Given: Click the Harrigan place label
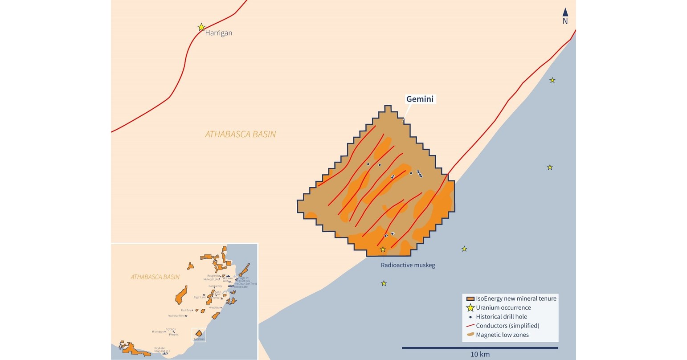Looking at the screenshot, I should [x=218, y=33].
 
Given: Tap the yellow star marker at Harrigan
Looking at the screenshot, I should [x=201, y=27].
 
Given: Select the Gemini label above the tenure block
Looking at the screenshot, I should [x=420, y=99].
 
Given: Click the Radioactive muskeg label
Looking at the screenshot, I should [x=408, y=265].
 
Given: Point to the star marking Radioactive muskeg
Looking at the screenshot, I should [x=383, y=250].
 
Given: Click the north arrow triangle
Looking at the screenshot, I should [x=565, y=12].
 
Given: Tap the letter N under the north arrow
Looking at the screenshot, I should [x=565, y=21].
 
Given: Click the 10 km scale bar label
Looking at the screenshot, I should [x=480, y=354].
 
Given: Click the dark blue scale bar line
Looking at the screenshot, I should [x=480, y=348].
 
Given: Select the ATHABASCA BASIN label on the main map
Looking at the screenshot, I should [x=240, y=134].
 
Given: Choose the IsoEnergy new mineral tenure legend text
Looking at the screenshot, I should [x=516, y=299].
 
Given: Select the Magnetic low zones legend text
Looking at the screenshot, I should [x=502, y=335].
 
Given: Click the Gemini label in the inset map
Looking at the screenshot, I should [x=199, y=339].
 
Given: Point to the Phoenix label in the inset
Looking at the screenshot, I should [x=173, y=334].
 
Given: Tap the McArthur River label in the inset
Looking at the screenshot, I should [x=176, y=316].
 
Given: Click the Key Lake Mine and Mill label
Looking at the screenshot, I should [x=162, y=350].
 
